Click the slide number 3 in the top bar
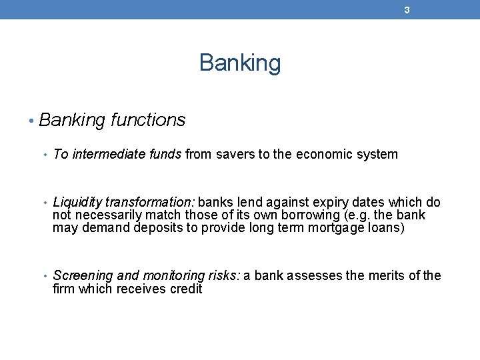(406, 10)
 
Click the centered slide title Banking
(240, 63)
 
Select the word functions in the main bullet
(148, 120)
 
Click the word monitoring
(173, 276)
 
